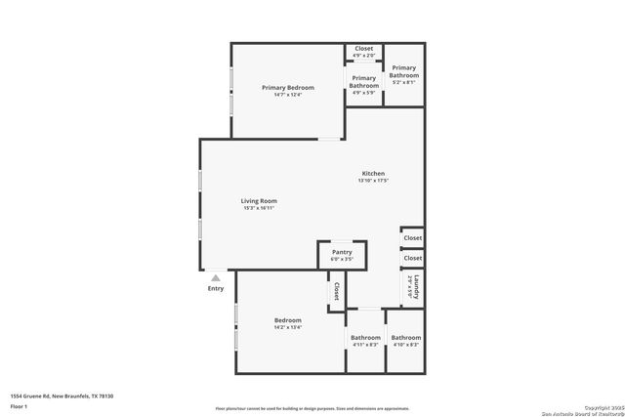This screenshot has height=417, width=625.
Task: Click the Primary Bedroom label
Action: (x=288, y=88)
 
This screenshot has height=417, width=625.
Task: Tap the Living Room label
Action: (x=260, y=201)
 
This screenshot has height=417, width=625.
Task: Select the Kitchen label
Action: (x=374, y=174)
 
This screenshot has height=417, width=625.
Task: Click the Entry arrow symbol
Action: (x=216, y=278)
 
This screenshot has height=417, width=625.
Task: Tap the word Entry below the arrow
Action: (x=216, y=289)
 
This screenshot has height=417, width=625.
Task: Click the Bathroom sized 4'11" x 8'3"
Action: (x=365, y=341)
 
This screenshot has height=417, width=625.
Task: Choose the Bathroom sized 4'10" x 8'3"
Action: (x=406, y=341)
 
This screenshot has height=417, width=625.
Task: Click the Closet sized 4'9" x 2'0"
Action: (x=363, y=52)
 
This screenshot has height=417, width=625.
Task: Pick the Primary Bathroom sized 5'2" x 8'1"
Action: (x=403, y=75)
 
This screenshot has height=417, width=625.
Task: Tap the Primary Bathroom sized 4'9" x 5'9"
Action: (x=363, y=84)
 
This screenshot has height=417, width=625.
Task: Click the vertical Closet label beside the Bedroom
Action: (x=337, y=291)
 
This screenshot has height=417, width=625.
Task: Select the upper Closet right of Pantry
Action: (x=413, y=237)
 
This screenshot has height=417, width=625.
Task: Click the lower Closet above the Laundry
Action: (x=413, y=258)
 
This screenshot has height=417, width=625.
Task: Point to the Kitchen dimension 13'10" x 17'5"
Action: (x=374, y=181)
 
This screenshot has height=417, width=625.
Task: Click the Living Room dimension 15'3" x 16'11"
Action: (x=260, y=208)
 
